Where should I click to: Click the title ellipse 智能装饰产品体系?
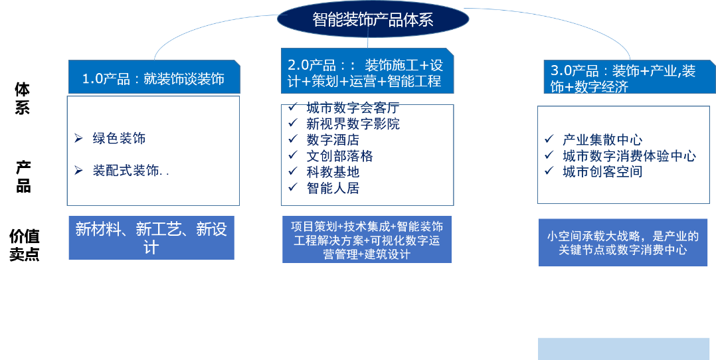373,19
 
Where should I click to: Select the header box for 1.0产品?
153,78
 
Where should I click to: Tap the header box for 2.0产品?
367,73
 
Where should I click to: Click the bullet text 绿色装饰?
119,138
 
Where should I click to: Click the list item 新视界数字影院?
353,124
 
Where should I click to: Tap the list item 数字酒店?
333,139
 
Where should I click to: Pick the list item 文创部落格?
339,156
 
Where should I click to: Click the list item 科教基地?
333,172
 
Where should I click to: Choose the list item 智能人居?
333,188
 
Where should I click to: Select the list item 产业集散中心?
602,139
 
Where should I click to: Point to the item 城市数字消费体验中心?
629,156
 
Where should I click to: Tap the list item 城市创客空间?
602,172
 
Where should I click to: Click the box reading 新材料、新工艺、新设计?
151,238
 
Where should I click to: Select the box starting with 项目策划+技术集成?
367,239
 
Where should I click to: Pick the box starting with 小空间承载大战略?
622,243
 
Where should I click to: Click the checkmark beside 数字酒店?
292,139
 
